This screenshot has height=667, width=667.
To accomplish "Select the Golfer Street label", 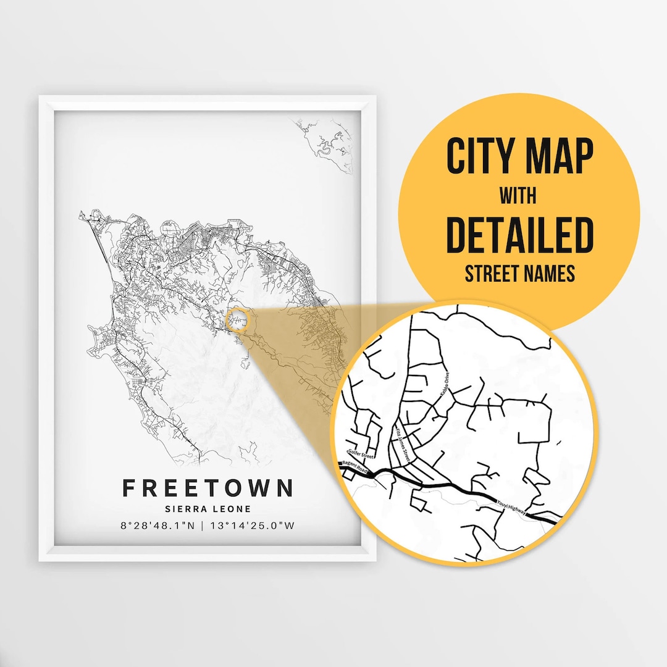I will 361,456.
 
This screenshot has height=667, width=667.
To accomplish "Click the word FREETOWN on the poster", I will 208,488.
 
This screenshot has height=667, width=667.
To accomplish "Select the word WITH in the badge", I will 518,196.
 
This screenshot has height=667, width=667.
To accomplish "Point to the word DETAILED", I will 519,235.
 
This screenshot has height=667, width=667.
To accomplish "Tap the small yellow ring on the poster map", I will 237,320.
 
